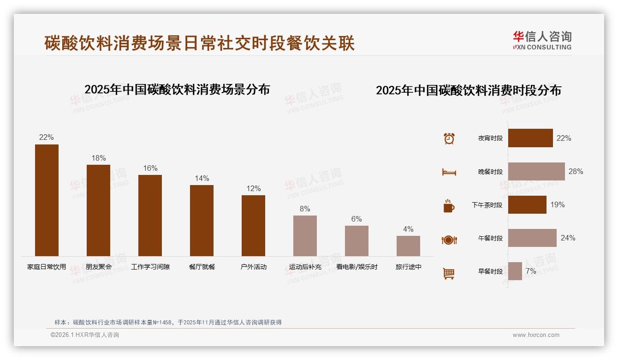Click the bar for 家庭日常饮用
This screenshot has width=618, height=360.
tap(47, 200)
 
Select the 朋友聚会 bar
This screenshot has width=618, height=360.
tap(98, 210)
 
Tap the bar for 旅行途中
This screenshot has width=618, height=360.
tap(408, 246)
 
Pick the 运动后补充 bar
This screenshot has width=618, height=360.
tap(305, 236)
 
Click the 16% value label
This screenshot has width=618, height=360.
tap(150, 168)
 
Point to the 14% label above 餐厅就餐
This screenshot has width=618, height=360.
tap(202, 179)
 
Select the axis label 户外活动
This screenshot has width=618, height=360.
tap(253, 267)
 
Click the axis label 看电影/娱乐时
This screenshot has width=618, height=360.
tap(357, 267)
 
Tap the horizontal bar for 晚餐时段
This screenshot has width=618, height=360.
tap(536, 171)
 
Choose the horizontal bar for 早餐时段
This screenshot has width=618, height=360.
tap(515, 271)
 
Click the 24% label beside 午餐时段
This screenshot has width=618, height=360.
tap(568, 238)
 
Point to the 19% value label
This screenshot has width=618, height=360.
tap(557, 205)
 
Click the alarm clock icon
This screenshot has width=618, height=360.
tap(449, 138)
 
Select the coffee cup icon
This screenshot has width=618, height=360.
tap(449, 206)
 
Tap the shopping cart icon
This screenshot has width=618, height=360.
tap(449, 273)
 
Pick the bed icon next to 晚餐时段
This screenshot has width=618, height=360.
tap(449, 172)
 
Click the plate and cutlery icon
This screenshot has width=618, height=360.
tap(449, 240)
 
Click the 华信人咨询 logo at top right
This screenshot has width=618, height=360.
tap(542, 40)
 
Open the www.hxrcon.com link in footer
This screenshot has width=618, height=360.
tap(535, 335)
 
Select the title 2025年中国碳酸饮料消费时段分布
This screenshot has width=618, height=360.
tap(468, 90)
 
